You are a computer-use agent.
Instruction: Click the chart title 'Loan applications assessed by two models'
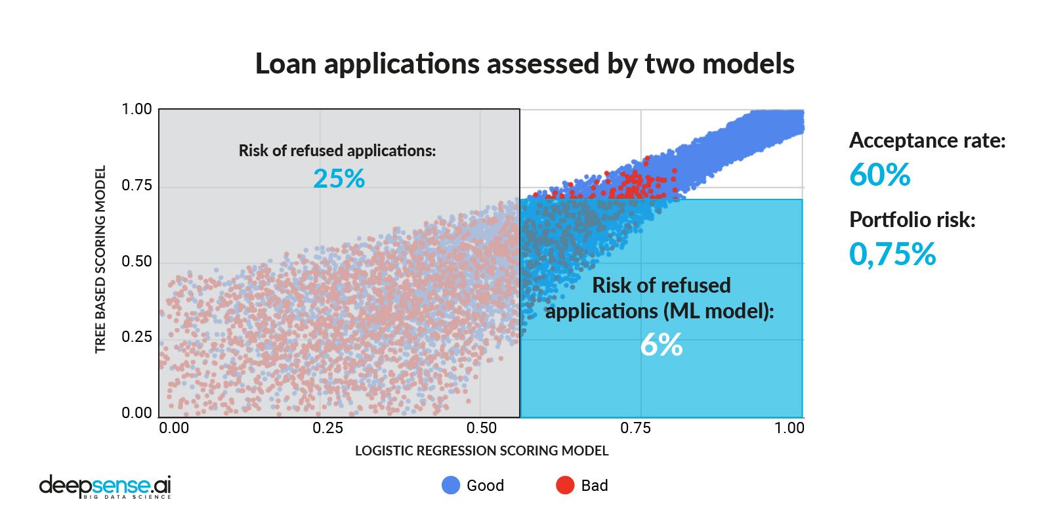coord(524,64)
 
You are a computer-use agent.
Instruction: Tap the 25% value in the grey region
coord(339,178)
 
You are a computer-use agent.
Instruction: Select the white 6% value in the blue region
coord(661,345)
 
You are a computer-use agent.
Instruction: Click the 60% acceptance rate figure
coord(879,175)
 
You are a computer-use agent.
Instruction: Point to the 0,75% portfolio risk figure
coord(892,254)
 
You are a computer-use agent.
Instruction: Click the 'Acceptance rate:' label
coord(927,140)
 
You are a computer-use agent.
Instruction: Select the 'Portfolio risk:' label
coord(912,220)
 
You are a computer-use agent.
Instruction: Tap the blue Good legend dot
coord(451,485)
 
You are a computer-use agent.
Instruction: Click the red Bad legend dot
coord(565,485)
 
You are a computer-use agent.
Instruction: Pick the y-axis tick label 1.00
coord(136,109)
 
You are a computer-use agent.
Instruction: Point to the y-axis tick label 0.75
coord(136,185)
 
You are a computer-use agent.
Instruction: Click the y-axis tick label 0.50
coord(136,261)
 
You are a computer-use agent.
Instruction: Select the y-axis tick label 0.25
coord(136,337)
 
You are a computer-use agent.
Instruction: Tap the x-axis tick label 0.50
coord(481,428)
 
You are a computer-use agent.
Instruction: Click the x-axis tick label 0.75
coord(635,428)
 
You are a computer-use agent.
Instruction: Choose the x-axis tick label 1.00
coord(789,428)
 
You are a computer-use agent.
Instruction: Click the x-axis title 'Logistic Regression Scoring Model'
coord(482,451)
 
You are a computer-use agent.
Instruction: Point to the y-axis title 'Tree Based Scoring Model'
coord(100,259)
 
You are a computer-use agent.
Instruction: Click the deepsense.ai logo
coord(105,486)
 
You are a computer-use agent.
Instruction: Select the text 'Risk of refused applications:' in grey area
coord(337,151)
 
